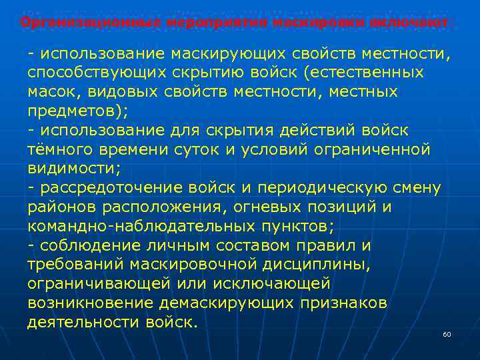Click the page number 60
[447, 334]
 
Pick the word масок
[51, 91]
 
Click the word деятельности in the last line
[83, 323]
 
